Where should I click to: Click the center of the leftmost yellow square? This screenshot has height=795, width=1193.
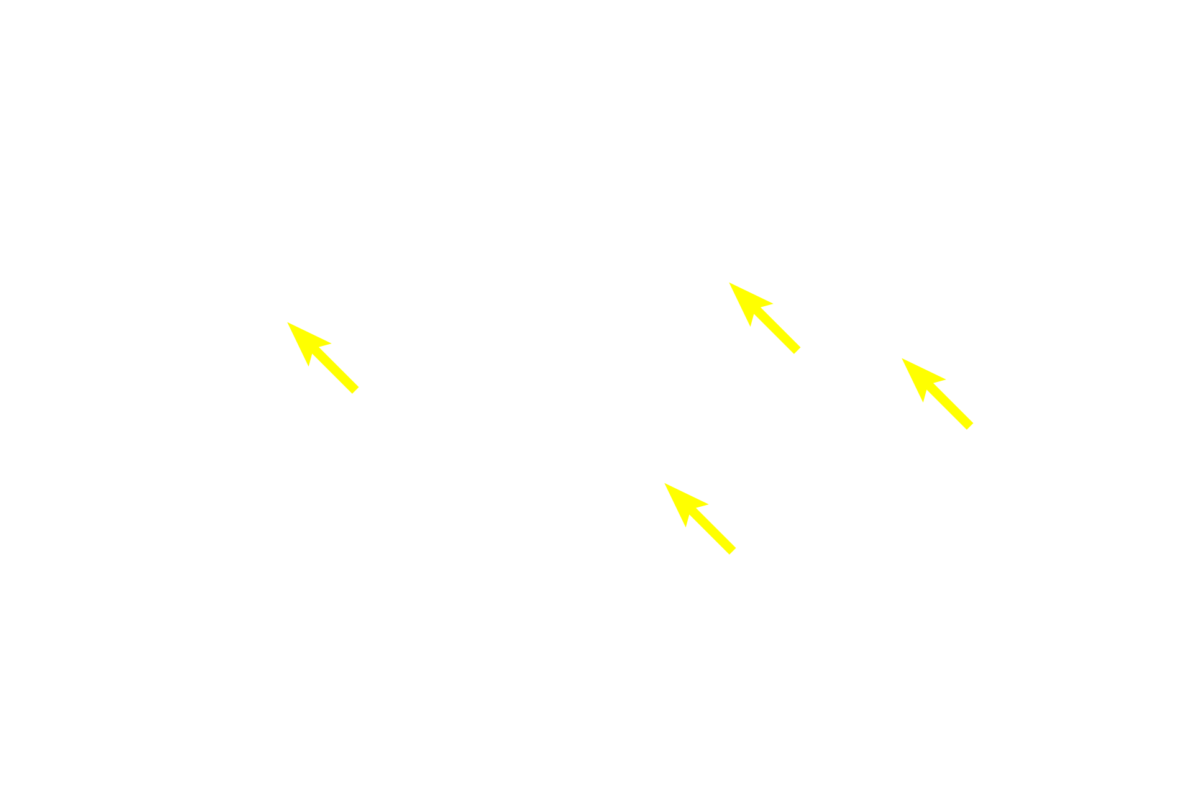point(323,358)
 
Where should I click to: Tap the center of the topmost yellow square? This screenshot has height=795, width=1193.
point(764,319)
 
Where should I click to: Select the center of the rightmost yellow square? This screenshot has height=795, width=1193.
point(937,394)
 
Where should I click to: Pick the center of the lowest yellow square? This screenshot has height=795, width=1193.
point(700,518)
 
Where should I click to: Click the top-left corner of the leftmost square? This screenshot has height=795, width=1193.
point(287,322)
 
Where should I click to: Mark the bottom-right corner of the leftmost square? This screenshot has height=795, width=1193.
point(360,394)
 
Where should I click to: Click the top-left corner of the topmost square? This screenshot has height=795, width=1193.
point(728,282)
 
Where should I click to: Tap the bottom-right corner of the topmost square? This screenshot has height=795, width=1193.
point(801,355)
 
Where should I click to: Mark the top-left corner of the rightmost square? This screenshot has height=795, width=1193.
point(901,358)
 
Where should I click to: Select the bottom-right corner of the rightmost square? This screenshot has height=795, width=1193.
point(974,430)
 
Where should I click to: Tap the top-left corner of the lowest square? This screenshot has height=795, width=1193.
point(664,482)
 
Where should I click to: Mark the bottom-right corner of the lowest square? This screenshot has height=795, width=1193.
point(736,555)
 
